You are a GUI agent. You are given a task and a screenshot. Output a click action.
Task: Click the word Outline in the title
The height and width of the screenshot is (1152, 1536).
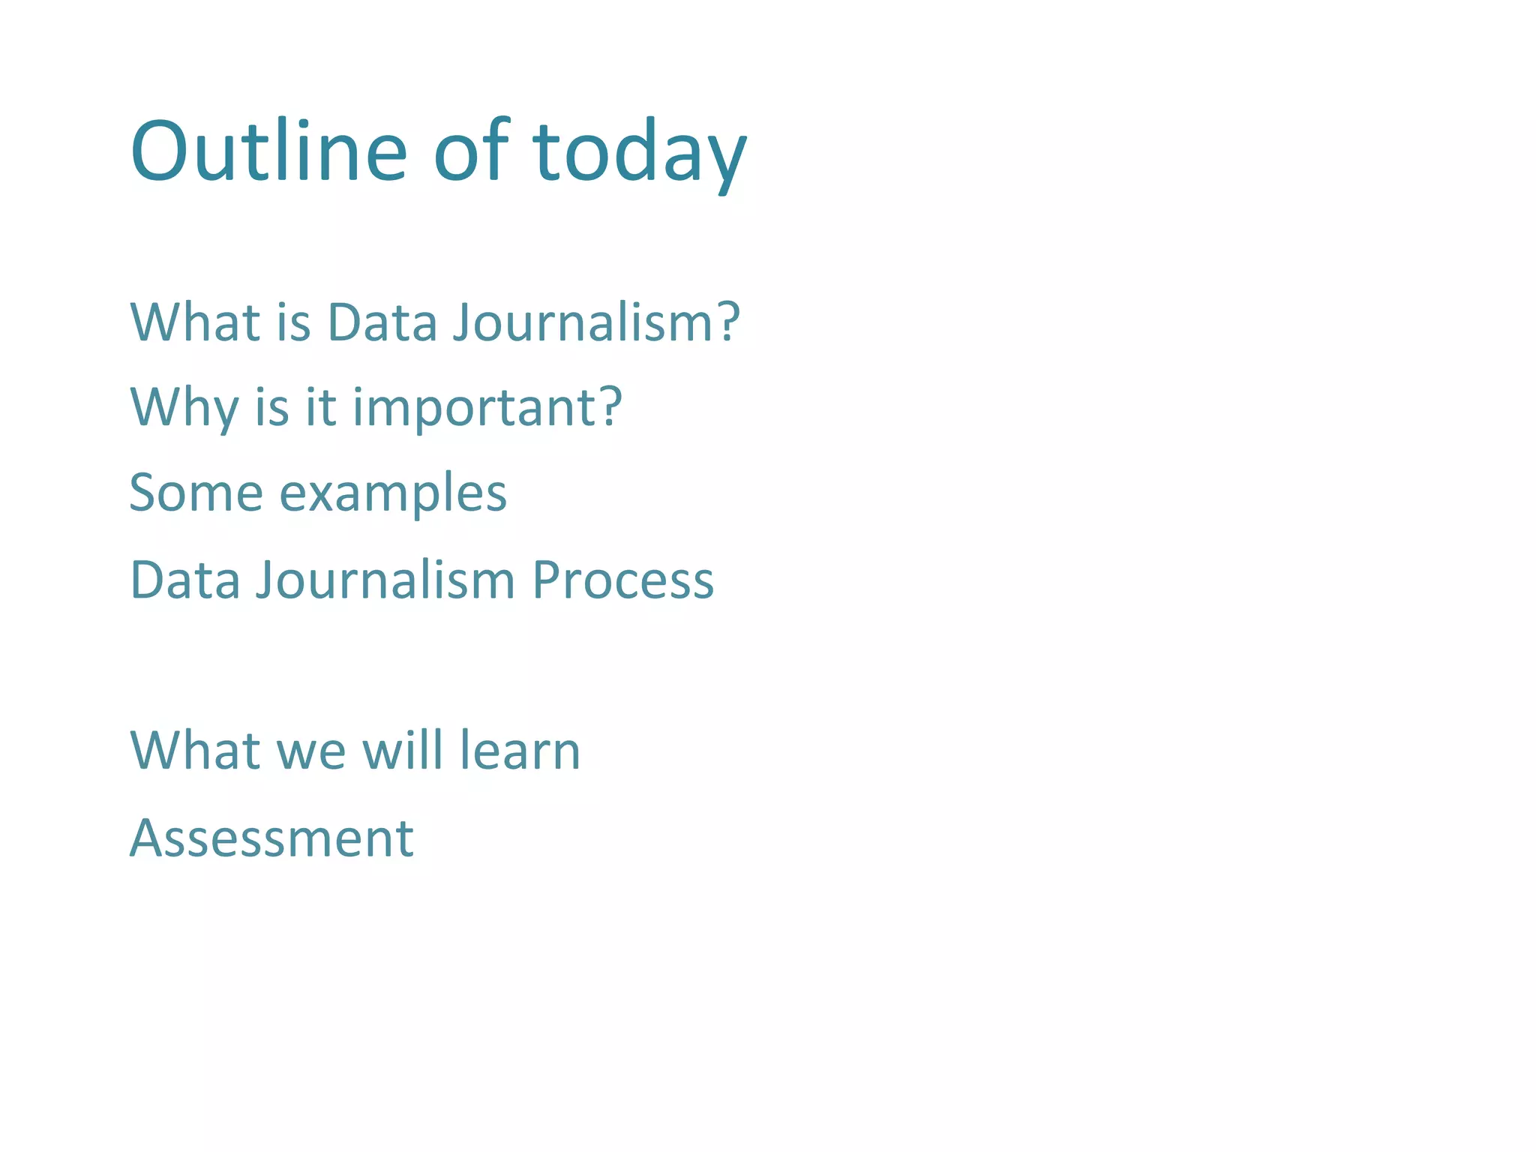268,151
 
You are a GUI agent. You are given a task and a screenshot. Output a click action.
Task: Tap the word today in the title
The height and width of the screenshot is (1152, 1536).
639,151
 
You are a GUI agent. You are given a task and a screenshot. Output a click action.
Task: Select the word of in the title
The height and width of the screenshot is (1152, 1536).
471,151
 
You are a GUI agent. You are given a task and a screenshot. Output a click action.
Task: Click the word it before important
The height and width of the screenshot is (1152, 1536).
320,407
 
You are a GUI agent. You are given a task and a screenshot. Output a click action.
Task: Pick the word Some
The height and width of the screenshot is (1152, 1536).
195,493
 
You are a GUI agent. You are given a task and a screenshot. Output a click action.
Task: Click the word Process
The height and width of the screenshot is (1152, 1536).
622,580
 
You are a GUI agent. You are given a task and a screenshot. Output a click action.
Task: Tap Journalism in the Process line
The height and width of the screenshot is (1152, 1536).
385,580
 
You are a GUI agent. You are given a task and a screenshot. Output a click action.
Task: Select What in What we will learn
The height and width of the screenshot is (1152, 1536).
195,750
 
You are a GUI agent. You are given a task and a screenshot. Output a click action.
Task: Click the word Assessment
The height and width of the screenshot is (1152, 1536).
271,838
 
